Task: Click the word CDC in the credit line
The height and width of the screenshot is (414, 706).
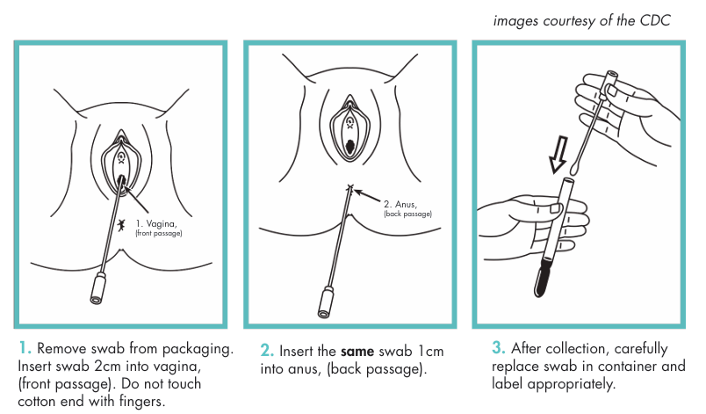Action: [655, 20]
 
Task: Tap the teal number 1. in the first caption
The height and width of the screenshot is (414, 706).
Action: [25, 348]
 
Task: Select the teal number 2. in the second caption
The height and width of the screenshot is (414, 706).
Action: [268, 351]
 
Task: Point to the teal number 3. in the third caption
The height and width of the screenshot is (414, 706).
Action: [499, 348]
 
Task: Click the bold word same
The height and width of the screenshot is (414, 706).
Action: [357, 352]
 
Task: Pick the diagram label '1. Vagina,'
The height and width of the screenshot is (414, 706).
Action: [156, 223]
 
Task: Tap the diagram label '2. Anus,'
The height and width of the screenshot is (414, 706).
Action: [400, 204]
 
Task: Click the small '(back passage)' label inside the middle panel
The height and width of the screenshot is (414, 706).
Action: [408, 214]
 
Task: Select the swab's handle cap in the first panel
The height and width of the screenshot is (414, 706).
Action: [98, 289]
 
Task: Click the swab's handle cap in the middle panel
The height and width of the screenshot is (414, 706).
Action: [326, 303]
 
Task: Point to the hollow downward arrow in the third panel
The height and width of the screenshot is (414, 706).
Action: [558, 155]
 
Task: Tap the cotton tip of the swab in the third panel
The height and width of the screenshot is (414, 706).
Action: [575, 168]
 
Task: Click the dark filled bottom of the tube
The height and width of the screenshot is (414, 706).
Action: [543, 277]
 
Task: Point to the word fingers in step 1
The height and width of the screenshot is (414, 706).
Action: [142, 401]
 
